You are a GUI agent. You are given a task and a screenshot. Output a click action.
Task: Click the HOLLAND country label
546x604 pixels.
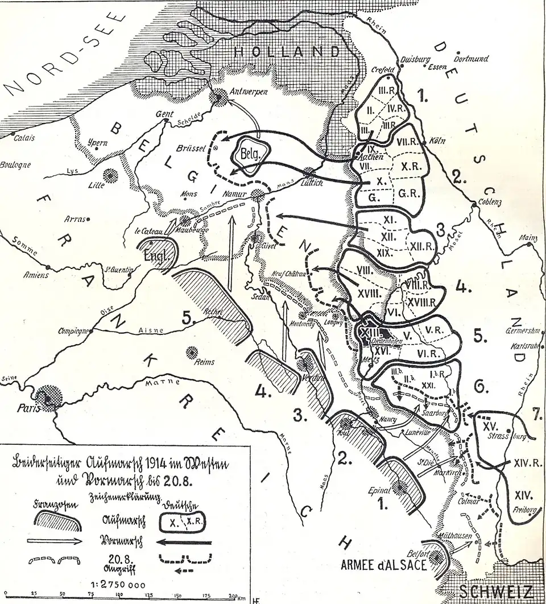pyautogui.click(x=287, y=52)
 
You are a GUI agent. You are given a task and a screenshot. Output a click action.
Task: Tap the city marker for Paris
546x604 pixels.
pyautogui.click(x=48, y=396)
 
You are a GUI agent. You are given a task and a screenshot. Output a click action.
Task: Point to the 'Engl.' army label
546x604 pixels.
pyautogui.click(x=158, y=255)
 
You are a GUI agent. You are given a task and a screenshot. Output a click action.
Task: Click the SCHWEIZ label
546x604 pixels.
pyautogui.click(x=496, y=591)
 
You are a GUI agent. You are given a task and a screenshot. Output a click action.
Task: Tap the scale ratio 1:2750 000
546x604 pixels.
pyautogui.click(x=119, y=585)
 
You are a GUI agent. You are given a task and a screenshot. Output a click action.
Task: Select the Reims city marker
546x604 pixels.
pyautogui.click(x=189, y=353)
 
